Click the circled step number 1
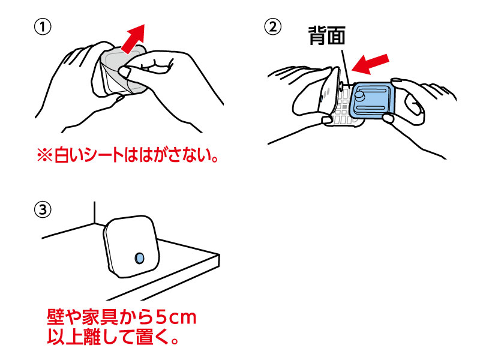[43, 27]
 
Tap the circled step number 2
[274, 27]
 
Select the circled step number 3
[43, 209]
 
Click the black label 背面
[326, 37]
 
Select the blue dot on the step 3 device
[140, 257]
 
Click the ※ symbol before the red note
[46, 157]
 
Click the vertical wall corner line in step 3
[94, 213]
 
